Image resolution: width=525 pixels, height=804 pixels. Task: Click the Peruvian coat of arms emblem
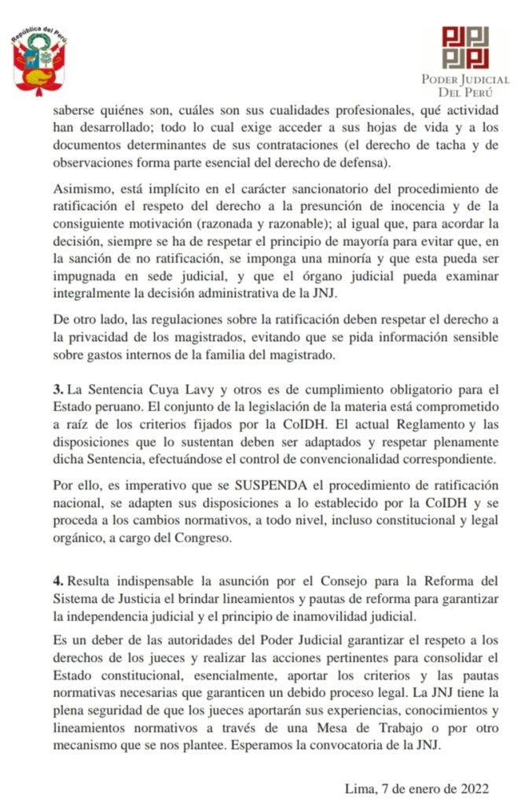pos(39,63)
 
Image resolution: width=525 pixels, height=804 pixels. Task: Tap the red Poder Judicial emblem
pos(464,48)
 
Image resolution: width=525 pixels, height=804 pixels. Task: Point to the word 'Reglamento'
pos(420,424)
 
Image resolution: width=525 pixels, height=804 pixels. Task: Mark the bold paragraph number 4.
pos(57,582)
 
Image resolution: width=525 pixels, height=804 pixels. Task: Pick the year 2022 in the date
pos(474,788)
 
